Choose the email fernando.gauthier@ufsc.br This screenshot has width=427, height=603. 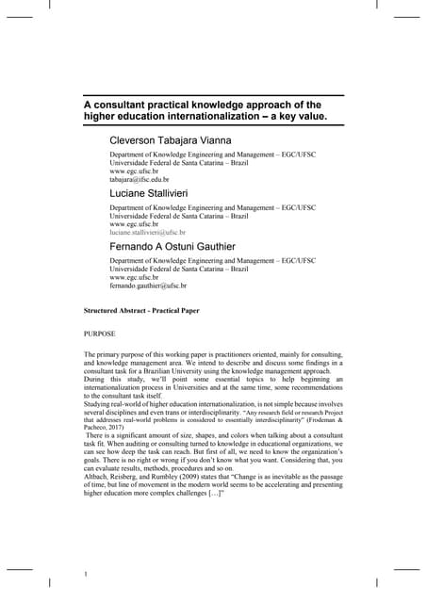tap(148, 285)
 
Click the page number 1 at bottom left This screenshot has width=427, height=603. tap(86, 574)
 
